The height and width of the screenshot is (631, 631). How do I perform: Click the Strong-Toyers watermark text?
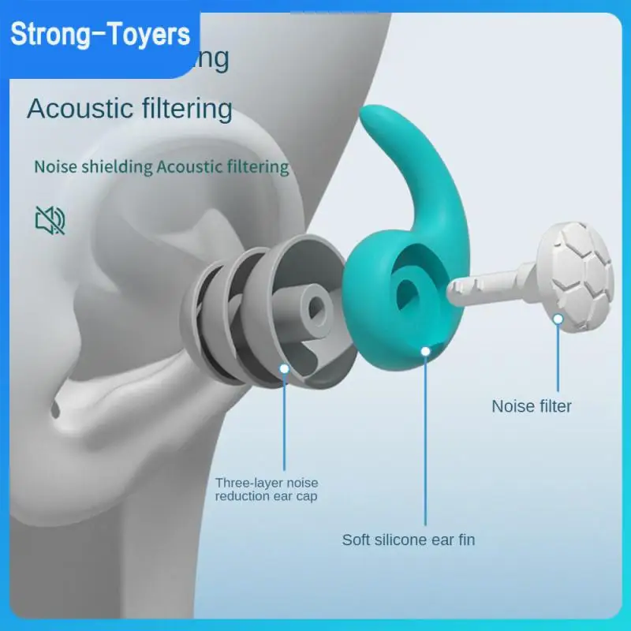[102, 35]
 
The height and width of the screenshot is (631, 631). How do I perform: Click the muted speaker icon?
[50, 220]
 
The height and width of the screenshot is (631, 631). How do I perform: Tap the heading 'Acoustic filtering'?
[129, 109]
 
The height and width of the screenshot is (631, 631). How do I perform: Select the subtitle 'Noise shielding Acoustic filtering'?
[161, 167]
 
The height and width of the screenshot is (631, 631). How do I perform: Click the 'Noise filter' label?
[532, 406]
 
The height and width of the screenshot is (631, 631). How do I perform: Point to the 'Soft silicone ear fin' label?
[408, 540]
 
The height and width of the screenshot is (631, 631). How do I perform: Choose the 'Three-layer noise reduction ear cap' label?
[267, 489]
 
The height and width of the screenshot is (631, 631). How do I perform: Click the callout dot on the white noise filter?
[558, 319]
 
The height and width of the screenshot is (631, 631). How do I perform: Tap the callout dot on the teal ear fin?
[426, 349]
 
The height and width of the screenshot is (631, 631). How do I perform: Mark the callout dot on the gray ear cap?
[285, 368]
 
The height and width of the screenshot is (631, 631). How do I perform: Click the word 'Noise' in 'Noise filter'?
[511, 406]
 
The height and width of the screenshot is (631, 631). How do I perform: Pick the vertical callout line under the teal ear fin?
[426, 442]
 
